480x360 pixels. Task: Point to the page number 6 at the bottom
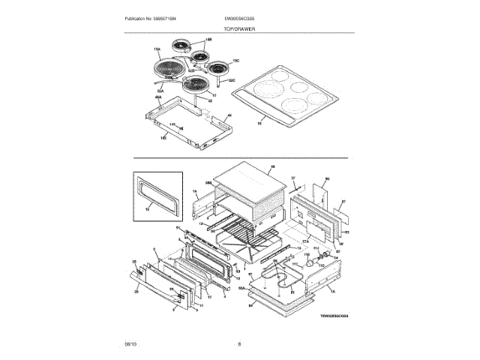239,344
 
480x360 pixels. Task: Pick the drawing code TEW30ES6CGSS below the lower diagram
333,316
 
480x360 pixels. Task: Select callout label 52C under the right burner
232,80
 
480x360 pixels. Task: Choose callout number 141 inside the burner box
172,124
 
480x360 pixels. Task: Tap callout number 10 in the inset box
147,214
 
